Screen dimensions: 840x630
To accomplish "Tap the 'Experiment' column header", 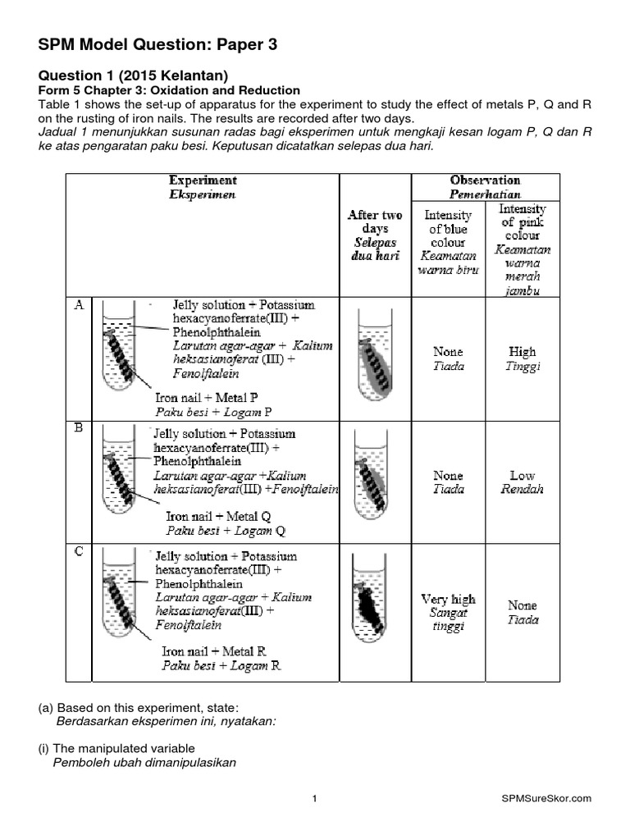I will click(x=203, y=180).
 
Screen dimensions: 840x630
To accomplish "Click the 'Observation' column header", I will click(x=485, y=180).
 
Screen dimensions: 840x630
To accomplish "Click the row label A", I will click(x=80, y=305).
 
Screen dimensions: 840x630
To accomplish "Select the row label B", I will click(x=80, y=427).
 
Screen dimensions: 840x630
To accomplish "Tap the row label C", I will click(x=80, y=551).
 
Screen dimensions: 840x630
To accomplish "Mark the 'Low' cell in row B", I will click(x=523, y=475).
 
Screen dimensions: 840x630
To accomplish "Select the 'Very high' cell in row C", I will click(x=448, y=600).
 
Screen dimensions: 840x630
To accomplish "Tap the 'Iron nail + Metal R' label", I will click(x=213, y=651).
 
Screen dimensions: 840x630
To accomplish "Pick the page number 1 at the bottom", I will click(x=315, y=798).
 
